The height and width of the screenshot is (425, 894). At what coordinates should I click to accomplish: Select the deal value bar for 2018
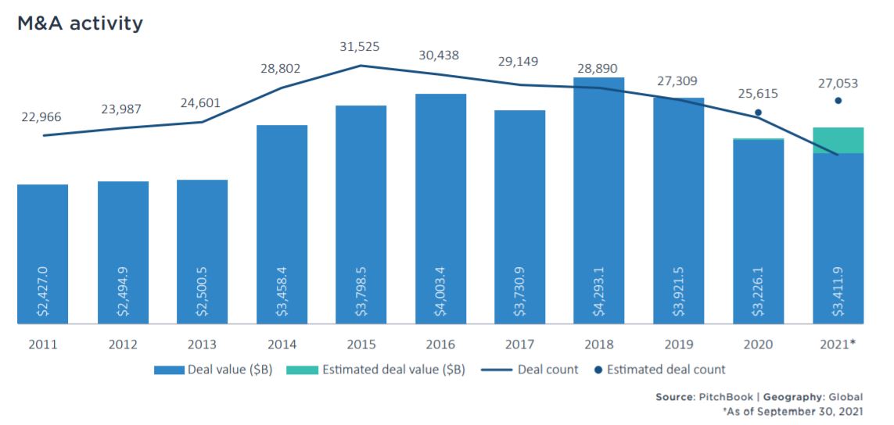click(598, 195)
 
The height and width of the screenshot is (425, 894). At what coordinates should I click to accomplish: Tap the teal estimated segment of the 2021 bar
click(838, 140)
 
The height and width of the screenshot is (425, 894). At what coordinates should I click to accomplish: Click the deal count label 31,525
click(360, 47)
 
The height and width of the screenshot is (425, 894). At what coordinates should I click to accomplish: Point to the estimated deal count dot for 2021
click(838, 101)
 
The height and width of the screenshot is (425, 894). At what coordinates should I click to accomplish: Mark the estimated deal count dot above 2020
click(758, 112)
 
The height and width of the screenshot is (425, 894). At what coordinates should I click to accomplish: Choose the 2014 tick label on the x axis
click(282, 344)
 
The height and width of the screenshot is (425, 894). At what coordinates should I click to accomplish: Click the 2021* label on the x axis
click(838, 344)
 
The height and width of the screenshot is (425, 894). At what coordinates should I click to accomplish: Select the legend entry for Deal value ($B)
click(210, 370)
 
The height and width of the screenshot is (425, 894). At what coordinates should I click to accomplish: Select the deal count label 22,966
click(41, 117)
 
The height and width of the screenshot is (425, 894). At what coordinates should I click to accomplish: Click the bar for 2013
click(202, 250)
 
